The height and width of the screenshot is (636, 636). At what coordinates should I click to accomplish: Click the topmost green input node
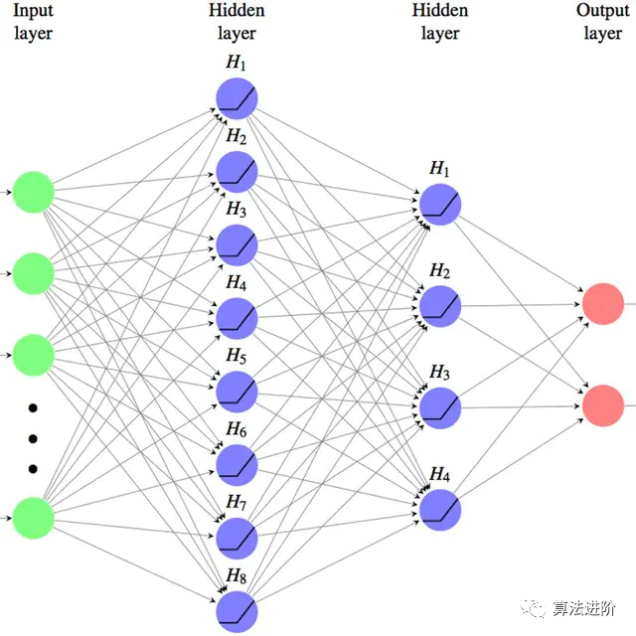[33, 192]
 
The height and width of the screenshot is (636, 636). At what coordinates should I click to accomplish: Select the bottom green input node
[33, 518]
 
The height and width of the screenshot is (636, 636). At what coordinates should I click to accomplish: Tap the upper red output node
[603, 304]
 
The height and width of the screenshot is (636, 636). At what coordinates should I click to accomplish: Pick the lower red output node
[603, 405]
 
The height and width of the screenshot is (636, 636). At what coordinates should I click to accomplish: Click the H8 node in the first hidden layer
[237, 612]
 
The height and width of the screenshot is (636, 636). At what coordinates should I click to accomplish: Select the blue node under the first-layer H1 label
[237, 98]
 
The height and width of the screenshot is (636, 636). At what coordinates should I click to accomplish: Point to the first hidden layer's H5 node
[237, 392]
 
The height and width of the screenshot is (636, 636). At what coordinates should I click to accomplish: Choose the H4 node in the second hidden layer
[440, 510]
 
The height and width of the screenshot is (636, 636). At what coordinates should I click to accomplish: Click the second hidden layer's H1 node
[440, 205]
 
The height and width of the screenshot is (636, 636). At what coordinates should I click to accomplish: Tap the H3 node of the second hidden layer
[440, 408]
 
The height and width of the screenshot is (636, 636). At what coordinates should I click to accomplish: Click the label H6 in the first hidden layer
[237, 429]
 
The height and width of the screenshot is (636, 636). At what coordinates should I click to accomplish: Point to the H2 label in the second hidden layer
[439, 270]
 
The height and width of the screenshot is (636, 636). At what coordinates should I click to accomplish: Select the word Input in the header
[33, 11]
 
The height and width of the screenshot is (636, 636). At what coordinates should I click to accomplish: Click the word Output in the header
[603, 11]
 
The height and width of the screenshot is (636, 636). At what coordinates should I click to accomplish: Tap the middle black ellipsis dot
[33, 438]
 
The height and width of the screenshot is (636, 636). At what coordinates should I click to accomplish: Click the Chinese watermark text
[584, 608]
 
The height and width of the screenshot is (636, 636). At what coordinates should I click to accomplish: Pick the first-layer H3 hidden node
[237, 245]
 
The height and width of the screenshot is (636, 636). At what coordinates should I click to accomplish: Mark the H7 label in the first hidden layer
[237, 502]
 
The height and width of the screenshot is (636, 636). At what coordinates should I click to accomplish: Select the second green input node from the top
[33, 274]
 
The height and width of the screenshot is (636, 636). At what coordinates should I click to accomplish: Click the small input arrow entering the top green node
[6, 192]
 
